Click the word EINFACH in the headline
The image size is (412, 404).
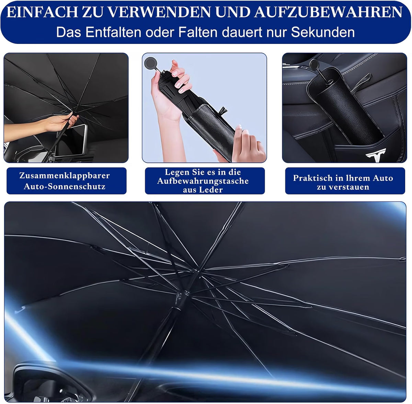[x=42, y=12]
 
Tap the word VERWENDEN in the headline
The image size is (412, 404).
[x=160, y=12]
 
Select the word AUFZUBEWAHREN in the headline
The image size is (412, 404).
[x=329, y=12]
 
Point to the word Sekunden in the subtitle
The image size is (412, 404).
[x=323, y=32]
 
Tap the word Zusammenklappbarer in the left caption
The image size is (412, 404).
[x=65, y=176]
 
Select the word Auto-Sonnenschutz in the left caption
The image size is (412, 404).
[x=65, y=187]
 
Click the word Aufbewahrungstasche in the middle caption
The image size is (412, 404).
[x=203, y=181]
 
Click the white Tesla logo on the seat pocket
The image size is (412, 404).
[x=376, y=155]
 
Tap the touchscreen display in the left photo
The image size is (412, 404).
[x=71, y=140]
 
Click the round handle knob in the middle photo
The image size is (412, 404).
[x=150, y=63]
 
